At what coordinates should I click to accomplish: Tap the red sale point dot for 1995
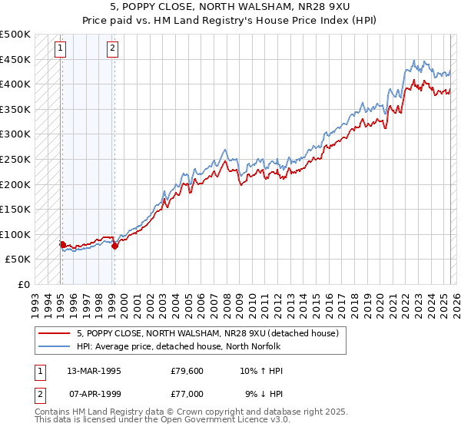click(x=62, y=244)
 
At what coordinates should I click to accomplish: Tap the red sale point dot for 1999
click(x=114, y=246)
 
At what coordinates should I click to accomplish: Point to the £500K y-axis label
click(x=15, y=35)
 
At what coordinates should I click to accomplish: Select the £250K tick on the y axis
click(x=15, y=160)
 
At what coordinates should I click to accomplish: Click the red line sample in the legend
click(x=55, y=332)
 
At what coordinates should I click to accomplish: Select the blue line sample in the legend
click(x=55, y=346)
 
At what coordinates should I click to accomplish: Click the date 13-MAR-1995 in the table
click(x=95, y=371)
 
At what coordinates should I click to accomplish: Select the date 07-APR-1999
click(x=95, y=394)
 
